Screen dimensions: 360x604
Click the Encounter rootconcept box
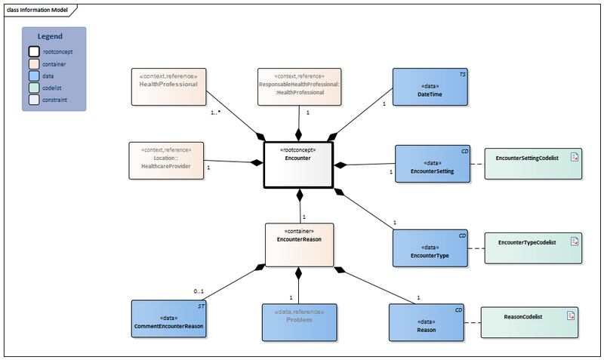click(x=298, y=164)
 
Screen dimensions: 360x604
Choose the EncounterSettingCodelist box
click(x=532, y=163)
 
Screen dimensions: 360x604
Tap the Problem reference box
click(x=298, y=321)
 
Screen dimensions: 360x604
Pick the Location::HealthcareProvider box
click(x=167, y=160)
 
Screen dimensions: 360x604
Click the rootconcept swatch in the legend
click(x=34, y=52)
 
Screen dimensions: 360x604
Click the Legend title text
click(x=50, y=36)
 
